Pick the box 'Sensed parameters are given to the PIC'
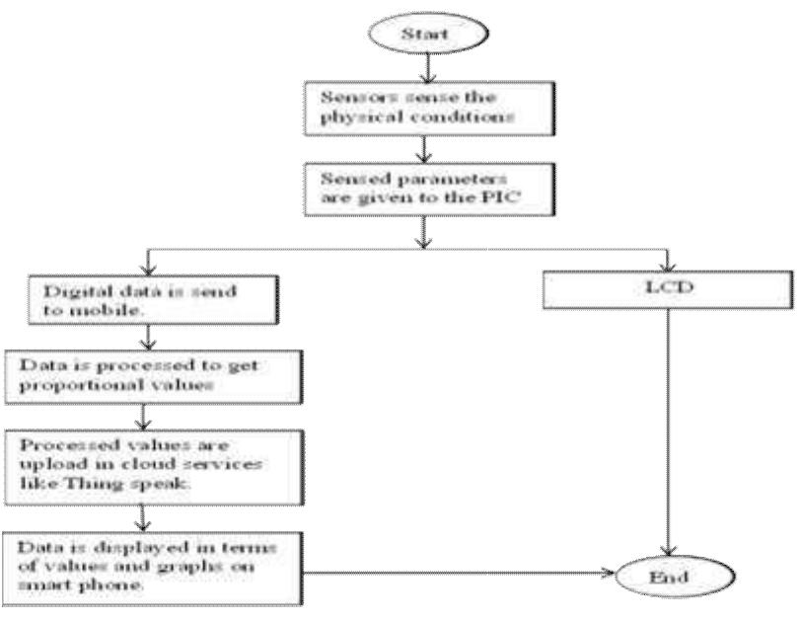(x=423, y=195)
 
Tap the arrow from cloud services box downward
(x=147, y=514)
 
